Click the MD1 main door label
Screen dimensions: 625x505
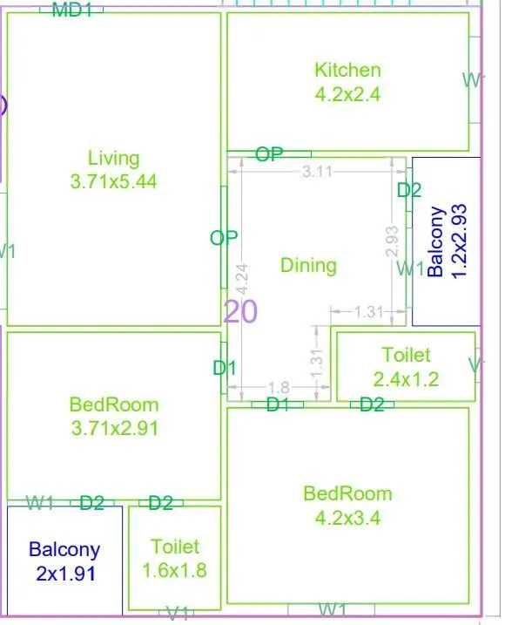pyautogui.click(x=72, y=10)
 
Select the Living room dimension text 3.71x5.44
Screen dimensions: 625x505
pyautogui.click(x=113, y=181)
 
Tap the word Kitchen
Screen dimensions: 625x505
pyautogui.click(x=347, y=70)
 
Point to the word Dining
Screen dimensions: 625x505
pyautogui.click(x=308, y=265)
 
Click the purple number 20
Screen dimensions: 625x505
pyautogui.click(x=241, y=311)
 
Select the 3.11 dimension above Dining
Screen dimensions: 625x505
pyautogui.click(x=317, y=172)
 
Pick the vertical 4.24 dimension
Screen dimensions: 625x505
pyautogui.click(x=242, y=277)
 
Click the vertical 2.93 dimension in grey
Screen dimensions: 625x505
pyautogui.click(x=392, y=241)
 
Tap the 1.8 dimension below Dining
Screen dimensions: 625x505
pyautogui.click(x=278, y=387)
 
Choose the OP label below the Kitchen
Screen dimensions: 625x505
pyautogui.click(x=269, y=154)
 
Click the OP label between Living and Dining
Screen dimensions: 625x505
pyautogui.click(x=224, y=238)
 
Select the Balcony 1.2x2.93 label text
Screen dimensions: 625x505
pyautogui.click(x=446, y=241)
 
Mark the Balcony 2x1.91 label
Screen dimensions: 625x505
pyautogui.click(x=64, y=561)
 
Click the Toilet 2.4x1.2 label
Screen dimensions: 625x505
pyautogui.click(x=406, y=367)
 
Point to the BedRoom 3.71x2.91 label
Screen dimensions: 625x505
pyautogui.click(x=114, y=416)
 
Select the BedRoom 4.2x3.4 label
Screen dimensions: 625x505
pyautogui.click(x=347, y=506)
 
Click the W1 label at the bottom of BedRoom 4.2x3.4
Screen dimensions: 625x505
pyautogui.click(x=334, y=608)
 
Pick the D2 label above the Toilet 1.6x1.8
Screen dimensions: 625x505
pyautogui.click(x=160, y=502)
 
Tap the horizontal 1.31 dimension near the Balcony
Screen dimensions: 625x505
pyautogui.click(x=370, y=311)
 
